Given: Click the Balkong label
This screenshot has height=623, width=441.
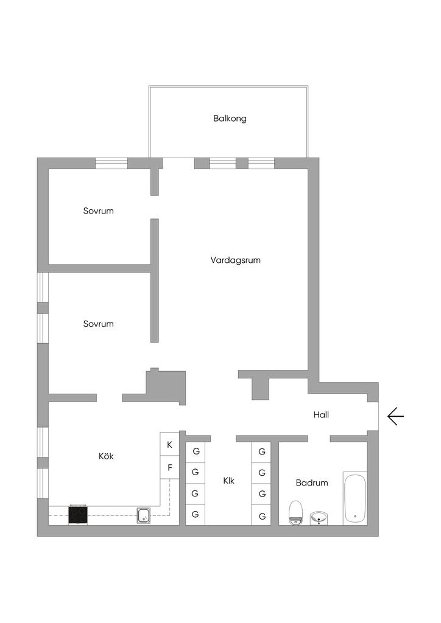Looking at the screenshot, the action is pyautogui.click(x=230, y=119).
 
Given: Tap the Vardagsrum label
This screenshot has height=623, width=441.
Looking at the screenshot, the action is pyautogui.click(x=235, y=260).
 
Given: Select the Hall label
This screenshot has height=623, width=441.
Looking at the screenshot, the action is pyautogui.click(x=321, y=415).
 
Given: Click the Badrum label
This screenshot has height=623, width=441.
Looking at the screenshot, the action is pyautogui.click(x=312, y=482).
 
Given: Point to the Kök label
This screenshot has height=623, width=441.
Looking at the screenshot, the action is pyautogui.click(x=106, y=456).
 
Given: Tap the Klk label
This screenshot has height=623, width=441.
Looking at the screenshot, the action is pyautogui.click(x=228, y=481).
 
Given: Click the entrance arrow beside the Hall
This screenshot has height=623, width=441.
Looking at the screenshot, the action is pyautogui.click(x=395, y=416).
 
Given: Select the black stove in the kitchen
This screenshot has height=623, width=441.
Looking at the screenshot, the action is pyautogui.click(x=78, y=515).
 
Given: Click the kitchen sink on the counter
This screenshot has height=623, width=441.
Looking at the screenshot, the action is pyautogui.click(x=144, y=515).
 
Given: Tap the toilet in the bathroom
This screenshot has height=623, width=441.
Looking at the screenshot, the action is pyautogui.click(x=295, y=512).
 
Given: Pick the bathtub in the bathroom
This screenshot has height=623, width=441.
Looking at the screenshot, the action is pyautogui.click(x=355, y=498).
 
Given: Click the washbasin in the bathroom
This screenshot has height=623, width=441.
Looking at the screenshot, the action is pyautogui.click(x=319, y=518).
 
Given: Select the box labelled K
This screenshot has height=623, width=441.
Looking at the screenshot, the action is pyautogui.click(x=169, y=445).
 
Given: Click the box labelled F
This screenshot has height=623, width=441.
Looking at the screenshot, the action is pyautogui.click(x=169, y=468).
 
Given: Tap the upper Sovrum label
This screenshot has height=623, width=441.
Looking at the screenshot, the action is pyautogui.click(x=98, y=211).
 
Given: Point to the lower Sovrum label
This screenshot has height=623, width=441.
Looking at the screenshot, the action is pyautogui.click(x=98, y=324).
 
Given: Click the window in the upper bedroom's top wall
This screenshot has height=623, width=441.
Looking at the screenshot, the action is pyautogui.click(x=111, y=163).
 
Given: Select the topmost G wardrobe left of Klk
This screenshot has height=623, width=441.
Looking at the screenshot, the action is pyautogui.click(x=196, y=452).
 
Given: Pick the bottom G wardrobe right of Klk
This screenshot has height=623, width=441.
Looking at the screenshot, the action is pyautogui.click(x=261, y=515).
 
